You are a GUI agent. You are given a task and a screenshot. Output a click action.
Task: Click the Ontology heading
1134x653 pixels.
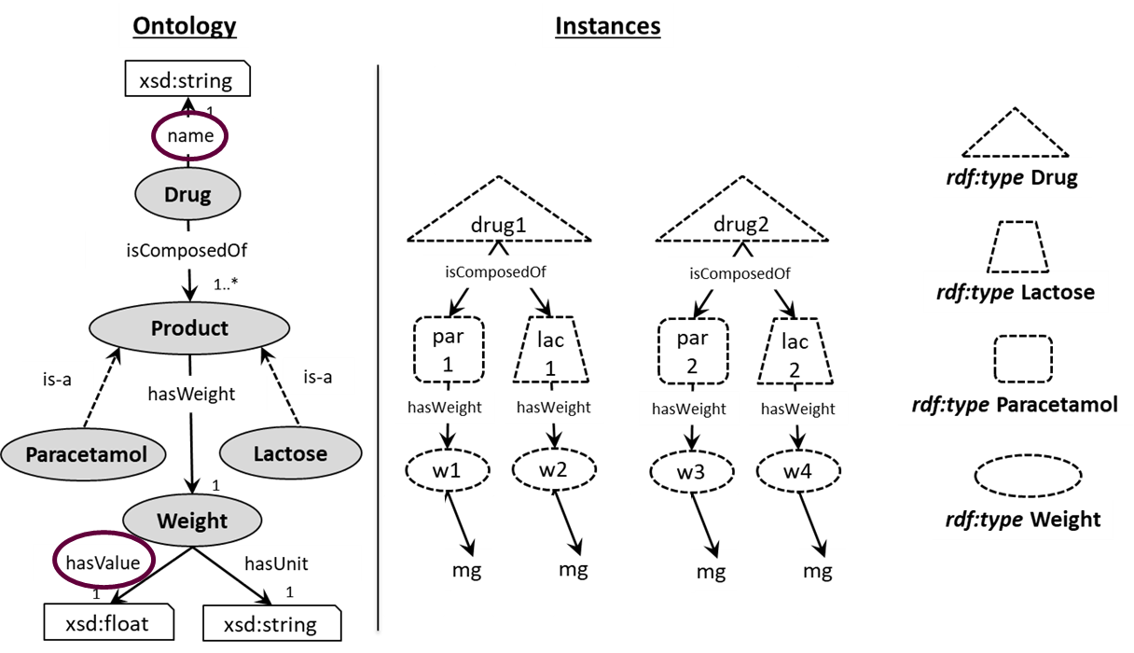[x=185, y=26]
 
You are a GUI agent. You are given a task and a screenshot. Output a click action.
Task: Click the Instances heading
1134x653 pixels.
[x=607, y=26]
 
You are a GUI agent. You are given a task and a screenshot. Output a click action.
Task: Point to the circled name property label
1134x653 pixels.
[x=190, y=136]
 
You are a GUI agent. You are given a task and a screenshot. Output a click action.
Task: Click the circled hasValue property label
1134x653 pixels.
[x=104, y=563]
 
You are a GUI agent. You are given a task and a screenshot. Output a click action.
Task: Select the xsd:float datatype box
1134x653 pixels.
[x=109, y=622]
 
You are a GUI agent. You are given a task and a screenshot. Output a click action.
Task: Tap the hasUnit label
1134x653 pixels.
[x=276, y=563]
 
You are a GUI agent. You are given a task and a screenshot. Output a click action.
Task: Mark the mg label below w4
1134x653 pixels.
[x=818, y=572]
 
